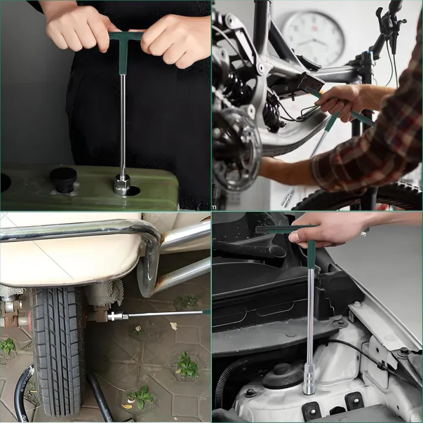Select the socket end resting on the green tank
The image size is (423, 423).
click(122, 186)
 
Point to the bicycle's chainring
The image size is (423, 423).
click(236, 147)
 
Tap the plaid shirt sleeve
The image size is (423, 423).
click(376, 147)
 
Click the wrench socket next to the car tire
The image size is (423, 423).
click(116, 316)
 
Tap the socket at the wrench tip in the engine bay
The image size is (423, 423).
click(310, 378)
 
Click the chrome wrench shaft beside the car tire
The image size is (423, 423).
click(164, 314)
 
